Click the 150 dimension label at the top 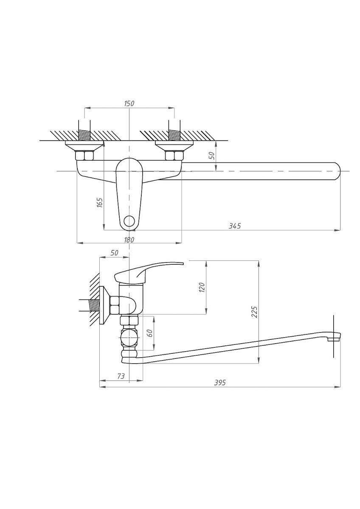(129, 103)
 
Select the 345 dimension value (234, 226)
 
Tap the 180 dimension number (129, 240)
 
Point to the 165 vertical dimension (100, 202)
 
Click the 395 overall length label (220, 383)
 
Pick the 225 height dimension (254, 312)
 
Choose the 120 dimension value (202, 288)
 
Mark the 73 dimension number (121, 376)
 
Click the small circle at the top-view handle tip (129, 221)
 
